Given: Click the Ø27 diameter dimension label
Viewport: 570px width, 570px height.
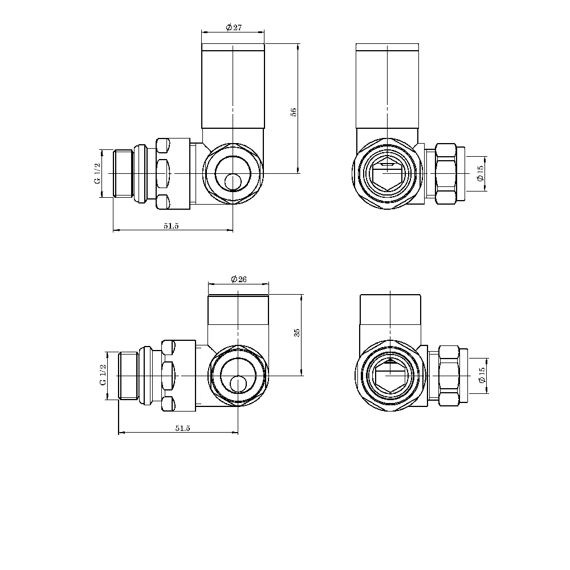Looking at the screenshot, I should click(234, 28).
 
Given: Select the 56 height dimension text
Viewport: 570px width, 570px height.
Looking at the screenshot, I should click(294, 112).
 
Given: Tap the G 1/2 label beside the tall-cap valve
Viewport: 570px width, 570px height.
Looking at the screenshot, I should click(97, 173).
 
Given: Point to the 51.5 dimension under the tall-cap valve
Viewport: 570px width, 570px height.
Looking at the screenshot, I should click(172, 226).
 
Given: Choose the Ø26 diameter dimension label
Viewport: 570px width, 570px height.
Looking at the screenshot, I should click(238, 279).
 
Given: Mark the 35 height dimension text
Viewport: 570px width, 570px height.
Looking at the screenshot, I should click(297, 332).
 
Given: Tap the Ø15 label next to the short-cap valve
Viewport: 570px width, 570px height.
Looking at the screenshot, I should click(482, 375).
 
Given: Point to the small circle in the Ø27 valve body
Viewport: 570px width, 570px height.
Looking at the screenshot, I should click(233, 182).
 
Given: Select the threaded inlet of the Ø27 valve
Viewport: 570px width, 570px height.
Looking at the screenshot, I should click(123, 173).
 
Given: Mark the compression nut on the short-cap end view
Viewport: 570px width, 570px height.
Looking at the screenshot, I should click(450, 376).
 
